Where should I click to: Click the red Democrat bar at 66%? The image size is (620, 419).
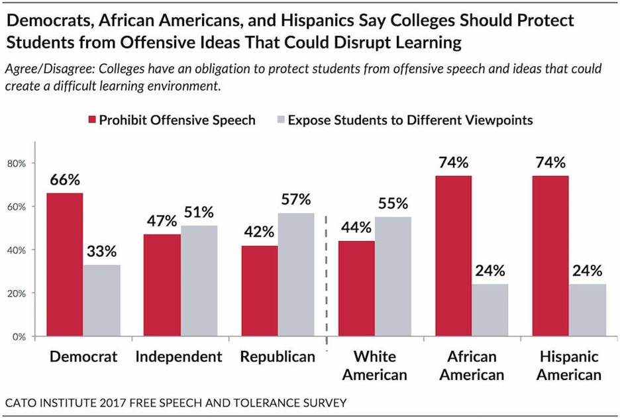64,265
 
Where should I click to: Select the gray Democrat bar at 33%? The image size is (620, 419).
101,301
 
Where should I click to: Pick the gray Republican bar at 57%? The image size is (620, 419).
295,275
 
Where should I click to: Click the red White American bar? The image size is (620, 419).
356,289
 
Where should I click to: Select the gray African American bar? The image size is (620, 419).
490,310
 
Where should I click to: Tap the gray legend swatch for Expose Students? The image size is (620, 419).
280,120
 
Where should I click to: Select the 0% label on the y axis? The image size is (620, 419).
21,336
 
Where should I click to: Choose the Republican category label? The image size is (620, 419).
278,357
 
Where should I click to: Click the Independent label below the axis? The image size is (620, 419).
178,357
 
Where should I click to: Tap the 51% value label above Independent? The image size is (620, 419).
199,213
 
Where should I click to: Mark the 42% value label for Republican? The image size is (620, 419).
258,232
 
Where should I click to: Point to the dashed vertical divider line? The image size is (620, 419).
327,278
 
